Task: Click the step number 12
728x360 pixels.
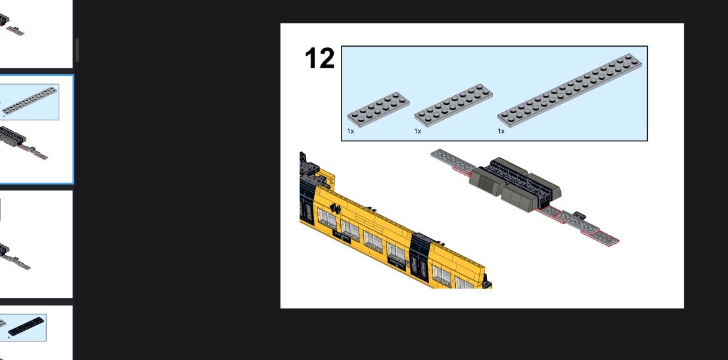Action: tap(319, 59)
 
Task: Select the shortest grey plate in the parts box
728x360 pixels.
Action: tap(379, 109)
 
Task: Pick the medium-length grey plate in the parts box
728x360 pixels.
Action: tap(454, 105)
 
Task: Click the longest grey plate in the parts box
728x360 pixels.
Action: tap(570, 90)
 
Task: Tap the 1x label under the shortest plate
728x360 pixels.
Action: tap(351, 131)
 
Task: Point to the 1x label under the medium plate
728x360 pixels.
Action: tap(418, 131)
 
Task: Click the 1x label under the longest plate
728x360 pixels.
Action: tap(501, 131)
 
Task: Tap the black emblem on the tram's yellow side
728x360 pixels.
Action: tap(336, 208)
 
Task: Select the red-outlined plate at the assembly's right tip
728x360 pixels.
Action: tap(606, 238)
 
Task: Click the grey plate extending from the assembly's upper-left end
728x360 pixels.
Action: tap(452, 159)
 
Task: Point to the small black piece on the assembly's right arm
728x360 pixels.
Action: tap(578, 215)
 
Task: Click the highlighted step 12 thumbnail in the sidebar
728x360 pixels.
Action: tap(36, 129)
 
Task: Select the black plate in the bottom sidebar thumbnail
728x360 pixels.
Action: tap(26, 326)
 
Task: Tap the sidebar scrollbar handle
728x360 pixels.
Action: tap(77, 50)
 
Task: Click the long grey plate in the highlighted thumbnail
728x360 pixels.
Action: tap(29, 101)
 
